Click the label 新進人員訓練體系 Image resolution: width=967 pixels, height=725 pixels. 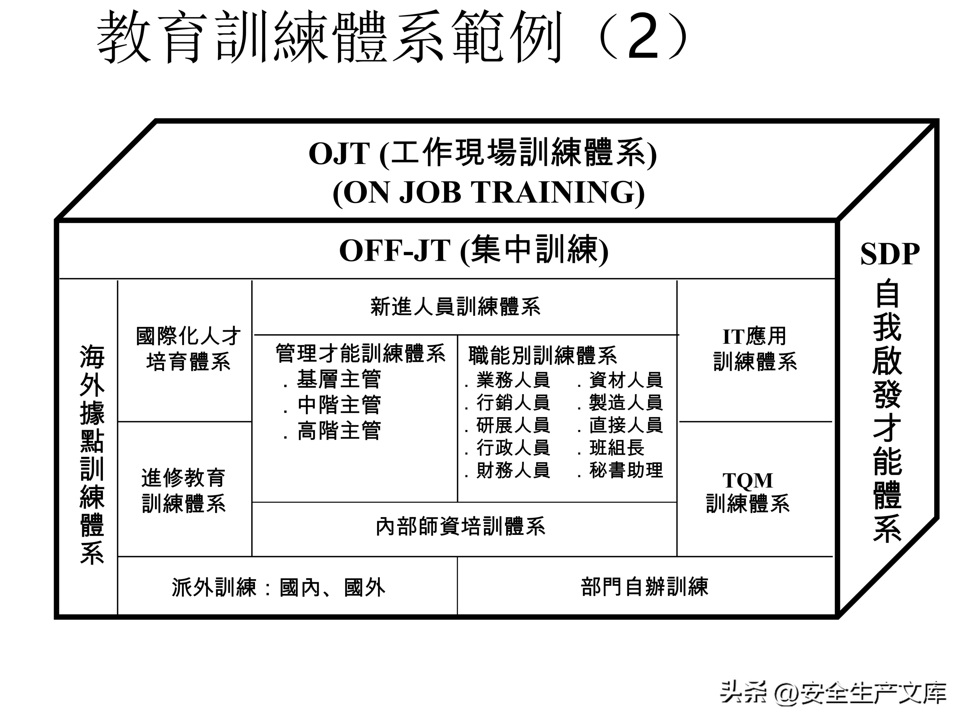(455, 306)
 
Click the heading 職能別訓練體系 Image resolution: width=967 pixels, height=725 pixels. (542, 355)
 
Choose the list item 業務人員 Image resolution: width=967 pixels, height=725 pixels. (513, 380)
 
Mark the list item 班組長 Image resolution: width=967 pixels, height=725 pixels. (616, 448)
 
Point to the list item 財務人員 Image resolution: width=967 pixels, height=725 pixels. (513, 470)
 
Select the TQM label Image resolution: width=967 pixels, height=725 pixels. (747, 481)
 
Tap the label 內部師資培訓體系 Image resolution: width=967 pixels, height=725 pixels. (460, 527)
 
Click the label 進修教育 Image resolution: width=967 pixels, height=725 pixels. (183, 478)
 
